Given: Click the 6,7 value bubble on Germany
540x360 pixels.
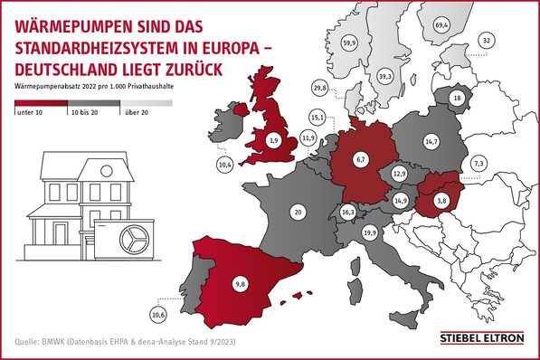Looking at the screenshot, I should tap(360, 159).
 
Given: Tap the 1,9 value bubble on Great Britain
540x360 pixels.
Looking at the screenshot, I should tap(274, 140).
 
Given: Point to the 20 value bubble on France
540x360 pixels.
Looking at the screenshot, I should tap(297, 212).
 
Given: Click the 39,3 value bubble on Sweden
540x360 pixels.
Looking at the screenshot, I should tap(384, 77).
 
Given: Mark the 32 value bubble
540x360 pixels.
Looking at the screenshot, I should tap(488, 41).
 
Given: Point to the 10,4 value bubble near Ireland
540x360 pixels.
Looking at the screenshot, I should tap(226, 164).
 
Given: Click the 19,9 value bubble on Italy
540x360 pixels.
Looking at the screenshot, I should tap(369, 233).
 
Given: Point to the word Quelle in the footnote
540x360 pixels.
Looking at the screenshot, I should tap(26, 341).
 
